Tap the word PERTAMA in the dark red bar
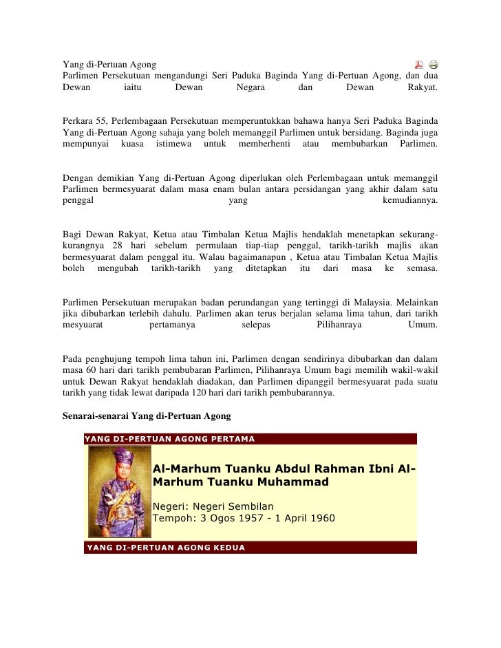tap(233, 439)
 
